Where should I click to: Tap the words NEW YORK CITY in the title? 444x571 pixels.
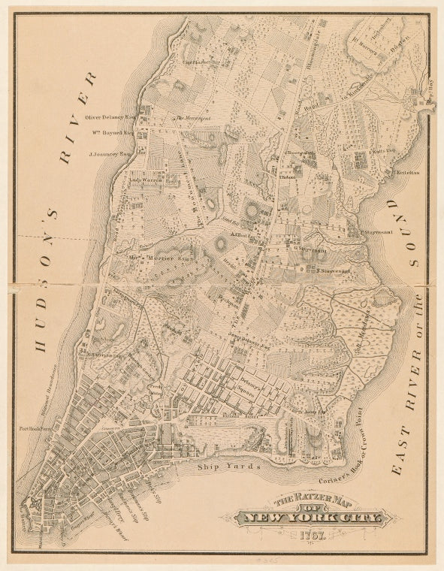[x=309, y=518]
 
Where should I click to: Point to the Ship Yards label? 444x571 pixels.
[x=228, y=467]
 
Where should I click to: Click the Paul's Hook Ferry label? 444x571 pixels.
[x=37, y=430]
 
